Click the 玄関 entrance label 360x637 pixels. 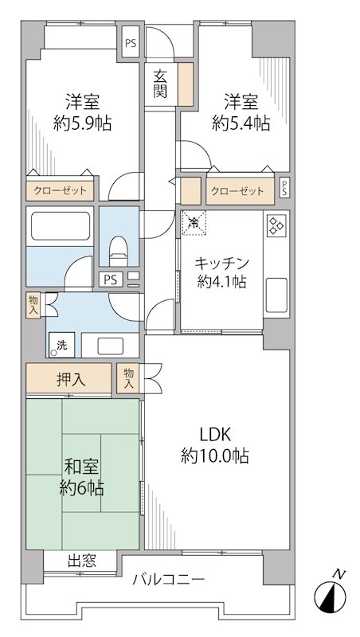coord(161,84)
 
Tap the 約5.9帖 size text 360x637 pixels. coord(83,123)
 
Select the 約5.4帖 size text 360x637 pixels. coord(241,123)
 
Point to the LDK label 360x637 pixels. coord(214,435)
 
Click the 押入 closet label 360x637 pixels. coord(70,378)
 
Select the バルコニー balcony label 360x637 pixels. coord(169,578)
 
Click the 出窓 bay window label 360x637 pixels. coord(81,561)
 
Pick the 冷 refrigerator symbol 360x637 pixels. coord(194,222)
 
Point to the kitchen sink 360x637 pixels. coord(276,296)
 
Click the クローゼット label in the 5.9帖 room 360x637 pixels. coord(61,191)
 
